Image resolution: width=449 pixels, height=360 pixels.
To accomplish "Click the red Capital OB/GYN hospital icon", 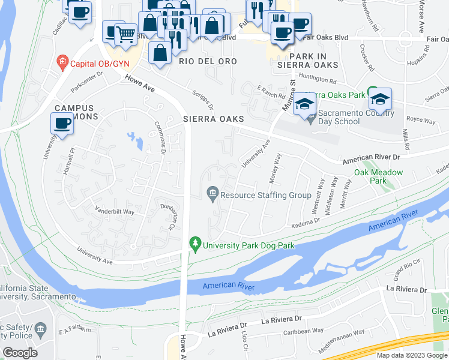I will [x=61, y=61].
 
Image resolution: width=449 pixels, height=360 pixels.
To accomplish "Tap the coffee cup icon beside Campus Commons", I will [x=62, y=124].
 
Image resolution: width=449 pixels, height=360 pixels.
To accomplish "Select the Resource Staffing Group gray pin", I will [x=212, y=194].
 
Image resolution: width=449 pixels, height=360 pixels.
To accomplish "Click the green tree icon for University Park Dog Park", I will [x=194, y=244].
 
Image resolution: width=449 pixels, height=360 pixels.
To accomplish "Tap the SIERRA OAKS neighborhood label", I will [x=214, y=119].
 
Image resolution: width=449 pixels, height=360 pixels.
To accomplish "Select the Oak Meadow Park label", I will [x=378, y=176].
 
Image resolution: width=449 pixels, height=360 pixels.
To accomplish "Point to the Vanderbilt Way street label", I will [x=115, y=211].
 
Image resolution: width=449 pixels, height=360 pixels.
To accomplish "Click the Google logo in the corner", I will [x=20, y=353].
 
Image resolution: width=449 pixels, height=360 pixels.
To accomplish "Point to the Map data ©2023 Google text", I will [x=411, y=355].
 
